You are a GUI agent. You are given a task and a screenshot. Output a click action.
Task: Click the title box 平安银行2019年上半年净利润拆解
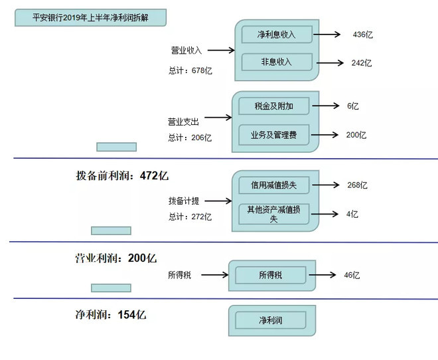(90, 17)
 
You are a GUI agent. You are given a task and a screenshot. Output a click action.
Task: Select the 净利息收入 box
(276, 35)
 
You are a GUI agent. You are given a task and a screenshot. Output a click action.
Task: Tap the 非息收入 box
(276, 62)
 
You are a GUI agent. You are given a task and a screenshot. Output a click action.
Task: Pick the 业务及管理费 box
(273, 135)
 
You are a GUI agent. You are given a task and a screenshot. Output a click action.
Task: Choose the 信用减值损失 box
(273, 185)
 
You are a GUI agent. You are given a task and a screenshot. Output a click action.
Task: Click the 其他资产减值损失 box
(273, 214)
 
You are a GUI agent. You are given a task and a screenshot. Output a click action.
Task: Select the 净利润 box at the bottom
(270, 320)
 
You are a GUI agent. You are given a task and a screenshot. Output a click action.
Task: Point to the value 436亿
(363, 35)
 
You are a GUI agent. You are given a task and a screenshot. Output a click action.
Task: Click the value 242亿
(362, 62)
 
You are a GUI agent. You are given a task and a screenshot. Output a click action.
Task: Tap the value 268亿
(357, 185)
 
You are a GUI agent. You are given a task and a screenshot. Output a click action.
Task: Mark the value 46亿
(352, 275)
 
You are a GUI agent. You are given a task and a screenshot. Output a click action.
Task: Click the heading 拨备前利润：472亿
(123, 176)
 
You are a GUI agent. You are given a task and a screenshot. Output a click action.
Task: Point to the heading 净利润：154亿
(111, 314)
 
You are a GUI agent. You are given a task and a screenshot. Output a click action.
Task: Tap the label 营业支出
(183, 122)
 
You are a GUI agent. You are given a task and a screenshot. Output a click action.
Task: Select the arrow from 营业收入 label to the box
(221, 50)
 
